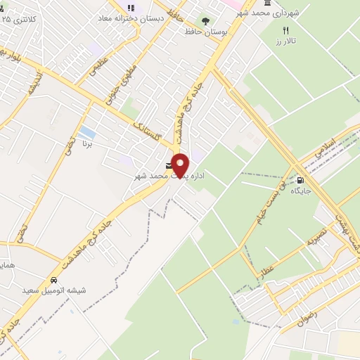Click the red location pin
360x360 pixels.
tap(181, 165)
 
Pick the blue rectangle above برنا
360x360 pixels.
tap(87, 131)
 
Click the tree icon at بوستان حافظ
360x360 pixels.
tap(206, 21)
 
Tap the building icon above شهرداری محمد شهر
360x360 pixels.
tap(266, 5)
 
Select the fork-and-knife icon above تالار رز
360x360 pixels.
tap(285, 30)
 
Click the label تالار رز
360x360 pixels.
tap(286, 41)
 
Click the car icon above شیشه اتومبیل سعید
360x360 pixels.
tap(51, 278)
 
